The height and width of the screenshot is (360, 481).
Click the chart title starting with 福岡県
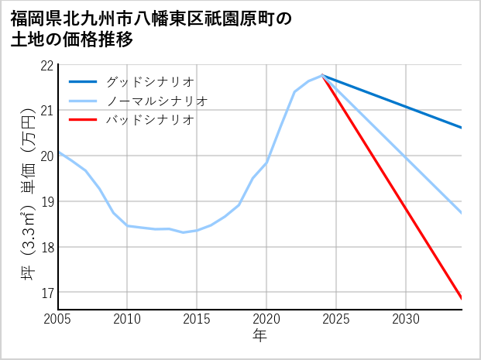pyautogui.click(x=152, y=29)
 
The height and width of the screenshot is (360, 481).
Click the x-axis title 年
pyautogui.click(x=260, y=335)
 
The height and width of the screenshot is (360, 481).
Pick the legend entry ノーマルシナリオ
pyautogui.click(x=156, y=101)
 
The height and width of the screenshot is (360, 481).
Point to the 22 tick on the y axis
pyautogui.click(x=46, y=65)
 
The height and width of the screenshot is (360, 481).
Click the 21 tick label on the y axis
pyautogui.click(x=46, y=111)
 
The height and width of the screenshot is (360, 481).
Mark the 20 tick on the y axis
pyautogui.click(x=46, y=156)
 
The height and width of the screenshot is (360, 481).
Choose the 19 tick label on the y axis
pyautogui.click(x=46, y=202)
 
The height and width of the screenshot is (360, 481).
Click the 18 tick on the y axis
pyautogui.click(x=46, y=248)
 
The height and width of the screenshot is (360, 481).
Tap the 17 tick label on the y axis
pyautogui.click(x=46, y=293)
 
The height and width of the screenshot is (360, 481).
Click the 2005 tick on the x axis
pyautogui.click(x=58, y=319)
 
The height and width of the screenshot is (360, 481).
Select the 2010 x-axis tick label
pyautogui.click(x=127, y=319)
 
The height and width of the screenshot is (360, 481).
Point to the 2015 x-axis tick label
pyautogui.click(x=197, y=319)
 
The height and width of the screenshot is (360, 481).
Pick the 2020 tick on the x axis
pyautogui.click(x=266, y=319)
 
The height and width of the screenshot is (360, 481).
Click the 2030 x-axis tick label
pyautogui.click(x=406, y=319)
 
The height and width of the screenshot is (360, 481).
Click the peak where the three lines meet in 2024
pyautogui.click(x=322, y=75)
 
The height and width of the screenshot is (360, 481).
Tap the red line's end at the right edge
pyautogui.click(x=462, y=298)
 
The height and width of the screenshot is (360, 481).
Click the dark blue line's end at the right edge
pyautogui.click(x=462, y=128)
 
